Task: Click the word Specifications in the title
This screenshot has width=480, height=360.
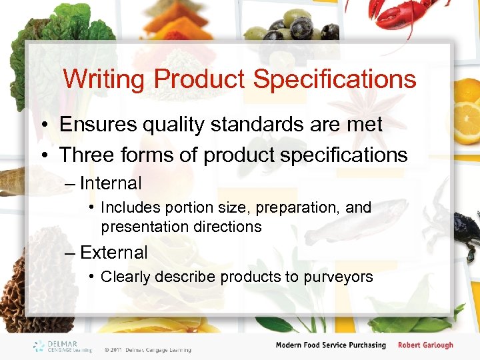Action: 335,80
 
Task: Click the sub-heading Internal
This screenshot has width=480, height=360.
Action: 111,183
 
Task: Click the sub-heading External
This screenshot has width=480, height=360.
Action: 113,253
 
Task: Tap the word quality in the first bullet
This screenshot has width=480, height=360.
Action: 181,125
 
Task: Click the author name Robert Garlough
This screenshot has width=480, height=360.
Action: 425,345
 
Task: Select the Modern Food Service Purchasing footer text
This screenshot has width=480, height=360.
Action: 331,345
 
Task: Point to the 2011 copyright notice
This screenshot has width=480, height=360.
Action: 147,349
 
